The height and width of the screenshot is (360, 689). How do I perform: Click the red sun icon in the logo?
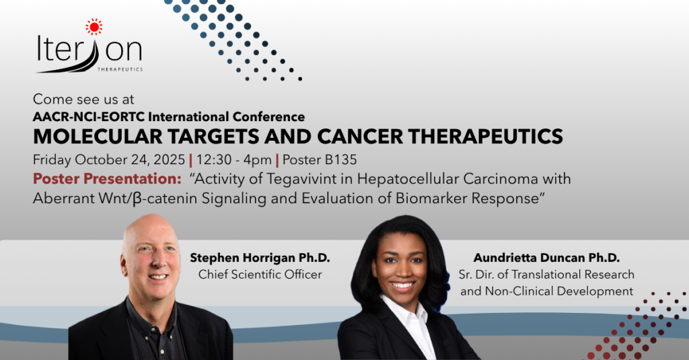coord(94,27)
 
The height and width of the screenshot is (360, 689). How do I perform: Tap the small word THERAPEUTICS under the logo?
coord(120,69)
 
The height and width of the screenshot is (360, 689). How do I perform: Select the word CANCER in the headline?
coord(360,137)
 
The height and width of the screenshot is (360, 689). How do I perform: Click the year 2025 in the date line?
coord(169,159)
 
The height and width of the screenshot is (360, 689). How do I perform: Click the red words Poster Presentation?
coord(107,179)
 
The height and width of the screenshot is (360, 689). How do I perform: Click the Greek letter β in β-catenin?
coord(137,199)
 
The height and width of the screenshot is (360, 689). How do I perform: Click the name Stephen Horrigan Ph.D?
coord(260,258)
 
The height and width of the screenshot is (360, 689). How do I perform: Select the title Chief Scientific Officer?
coord(260,275)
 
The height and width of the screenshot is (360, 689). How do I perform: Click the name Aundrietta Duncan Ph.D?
coord(546,258)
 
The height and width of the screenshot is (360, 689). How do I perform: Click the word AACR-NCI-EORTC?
coord(88,117)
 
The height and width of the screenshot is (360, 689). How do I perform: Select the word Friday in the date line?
coord(52,159)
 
